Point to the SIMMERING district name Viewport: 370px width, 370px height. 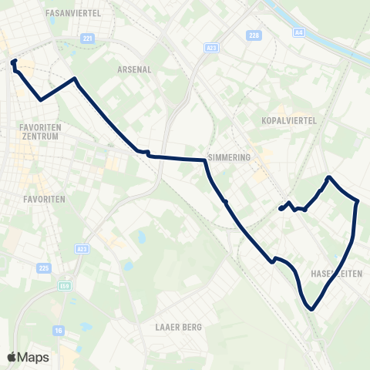coord(229,156)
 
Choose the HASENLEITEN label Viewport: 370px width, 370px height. coord(337,274)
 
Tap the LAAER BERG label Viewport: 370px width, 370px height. coord(178,327)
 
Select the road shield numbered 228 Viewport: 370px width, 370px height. coord(254,35)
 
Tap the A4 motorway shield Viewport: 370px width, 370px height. coord(299,32)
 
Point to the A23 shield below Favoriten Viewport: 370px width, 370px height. coord(82,248)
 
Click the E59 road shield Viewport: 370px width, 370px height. coord(66,286)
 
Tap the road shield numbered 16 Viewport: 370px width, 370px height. coord(59,330)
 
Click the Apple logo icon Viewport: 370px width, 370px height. coord(12,357)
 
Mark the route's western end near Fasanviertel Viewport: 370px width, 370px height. coord(14,61)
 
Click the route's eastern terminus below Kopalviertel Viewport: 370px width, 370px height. coord(280,208)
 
